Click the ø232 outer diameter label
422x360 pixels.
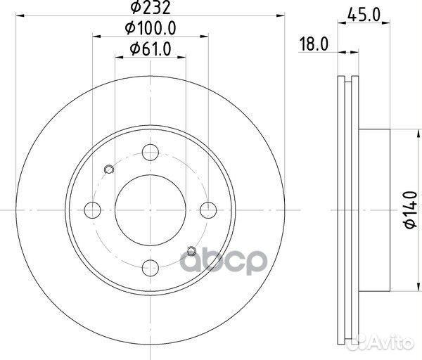150,10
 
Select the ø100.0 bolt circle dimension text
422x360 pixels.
150,28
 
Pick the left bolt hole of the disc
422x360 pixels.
91,209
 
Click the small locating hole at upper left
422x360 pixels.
108,169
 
